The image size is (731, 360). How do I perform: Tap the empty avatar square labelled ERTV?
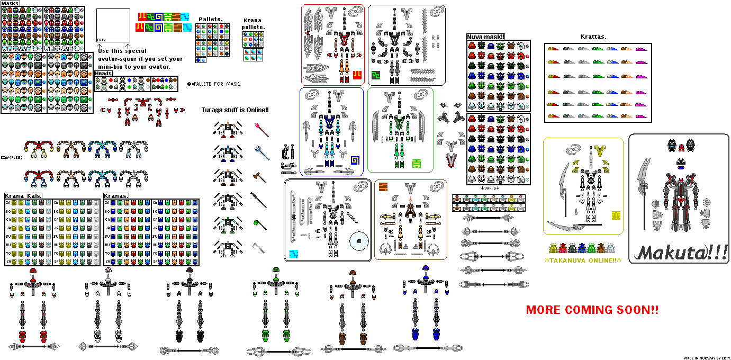coord(113,25)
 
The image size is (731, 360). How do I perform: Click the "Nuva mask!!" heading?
coord(485,37)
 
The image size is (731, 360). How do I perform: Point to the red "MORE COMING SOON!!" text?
coord(592,310)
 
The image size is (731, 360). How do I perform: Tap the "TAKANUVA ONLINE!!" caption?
coord(582,260)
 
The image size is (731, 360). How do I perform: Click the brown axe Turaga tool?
coord(259,176)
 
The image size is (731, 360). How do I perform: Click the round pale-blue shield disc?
coord(360,242)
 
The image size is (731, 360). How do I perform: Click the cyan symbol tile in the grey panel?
coord(294,254)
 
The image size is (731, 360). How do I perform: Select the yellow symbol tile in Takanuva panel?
coord(616,215)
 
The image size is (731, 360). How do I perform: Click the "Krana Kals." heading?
coord(23,196)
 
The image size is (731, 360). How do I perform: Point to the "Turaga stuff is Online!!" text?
coord(235,110)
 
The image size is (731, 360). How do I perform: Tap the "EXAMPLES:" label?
coord(11,158)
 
